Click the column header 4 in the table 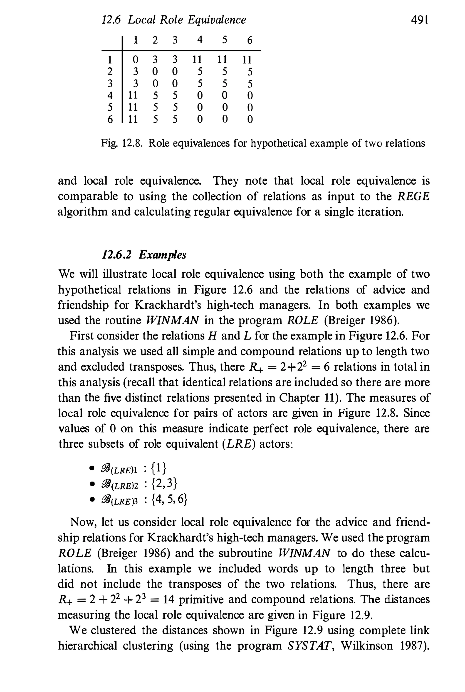200,40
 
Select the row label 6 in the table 110,119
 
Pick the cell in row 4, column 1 134,95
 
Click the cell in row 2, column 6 250,72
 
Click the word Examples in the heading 163,254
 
